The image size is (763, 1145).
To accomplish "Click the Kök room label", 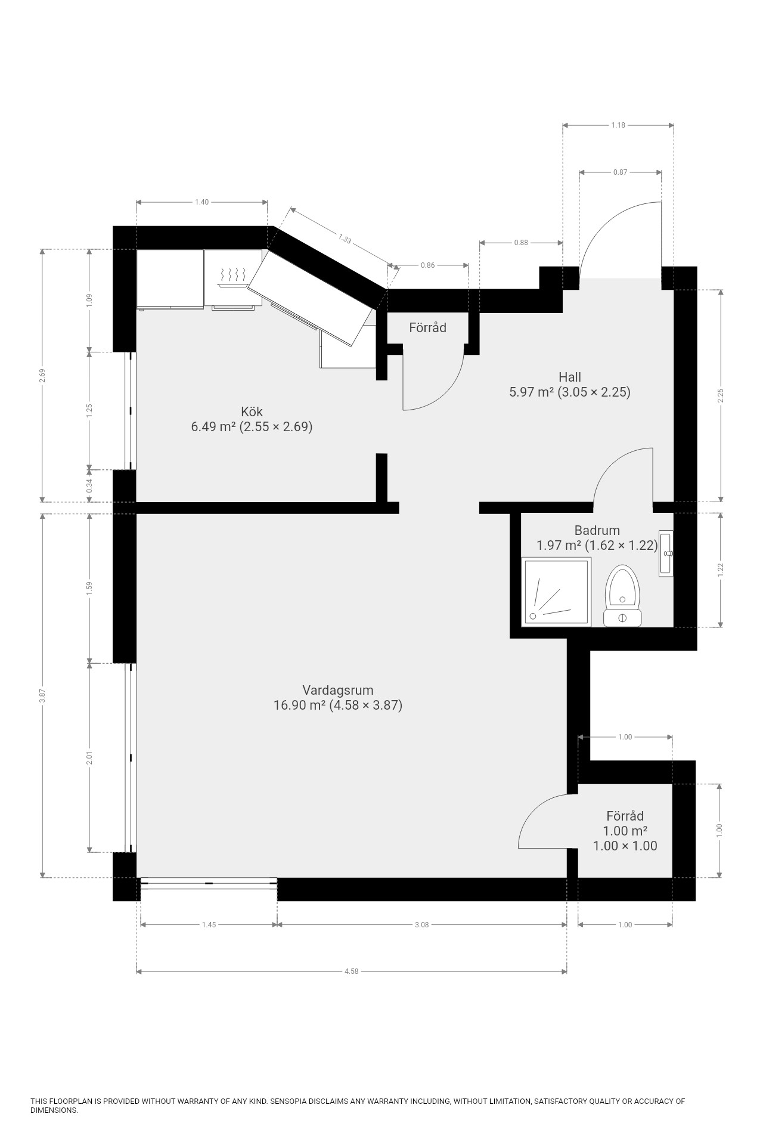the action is (x=252, y=411).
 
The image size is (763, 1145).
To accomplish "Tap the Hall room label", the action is (x=570, y=377).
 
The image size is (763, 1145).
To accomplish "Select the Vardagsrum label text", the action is (x=338, y=690).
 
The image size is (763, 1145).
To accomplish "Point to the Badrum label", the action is (x=597, y=530).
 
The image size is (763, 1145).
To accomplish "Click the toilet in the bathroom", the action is (x=622, y=596).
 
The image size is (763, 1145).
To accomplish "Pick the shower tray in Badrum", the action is (x=557, y=592).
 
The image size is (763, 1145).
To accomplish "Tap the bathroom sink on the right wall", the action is (x=666, y=553).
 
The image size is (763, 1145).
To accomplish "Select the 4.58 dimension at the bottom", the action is (x=352, y=971).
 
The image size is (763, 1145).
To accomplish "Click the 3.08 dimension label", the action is (x=421, y=925).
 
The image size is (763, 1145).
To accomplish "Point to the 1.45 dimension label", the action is (x=209, y=925).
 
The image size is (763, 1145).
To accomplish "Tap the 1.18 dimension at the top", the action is (x=618, y=125).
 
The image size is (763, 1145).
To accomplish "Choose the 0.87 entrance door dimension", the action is (x=620, y=172).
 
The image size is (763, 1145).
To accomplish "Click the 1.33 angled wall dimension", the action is (x=345, y=239).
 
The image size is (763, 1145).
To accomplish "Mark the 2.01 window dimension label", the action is (x=89, y=758).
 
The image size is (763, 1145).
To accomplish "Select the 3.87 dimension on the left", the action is (x=42, y=695).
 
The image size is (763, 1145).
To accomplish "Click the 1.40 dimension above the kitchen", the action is (x=201, y=202).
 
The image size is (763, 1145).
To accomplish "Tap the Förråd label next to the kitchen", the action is (x=427, y=327).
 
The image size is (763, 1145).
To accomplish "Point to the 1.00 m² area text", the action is (x=625, y=831).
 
